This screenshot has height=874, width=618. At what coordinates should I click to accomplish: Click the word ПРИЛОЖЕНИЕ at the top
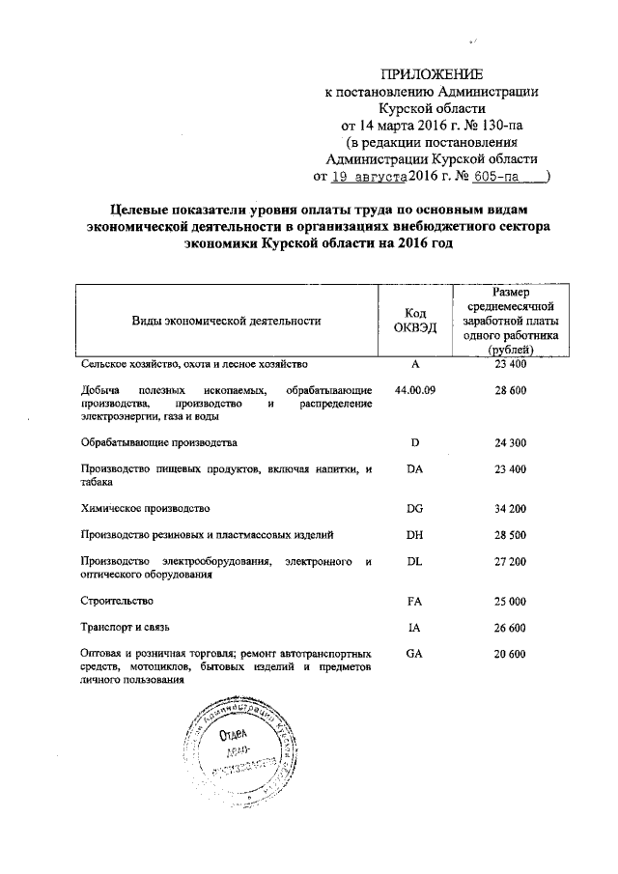point(432,74)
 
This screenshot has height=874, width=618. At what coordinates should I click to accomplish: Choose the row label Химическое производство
point(146,507)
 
